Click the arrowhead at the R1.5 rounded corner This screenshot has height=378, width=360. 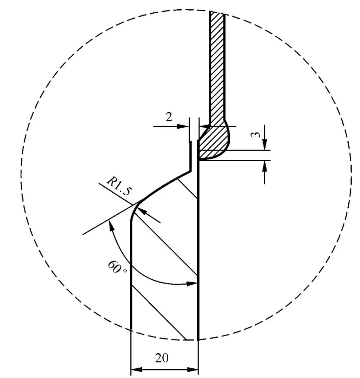tap(141, 211)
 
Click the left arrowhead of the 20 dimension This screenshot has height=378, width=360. tap(135, 368)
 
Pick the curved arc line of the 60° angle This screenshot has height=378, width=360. tap(142, 271)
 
